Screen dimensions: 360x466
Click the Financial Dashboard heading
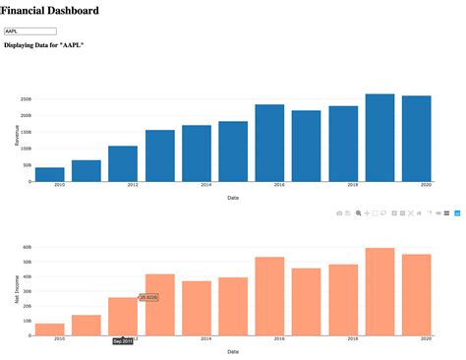(x=50, y=11)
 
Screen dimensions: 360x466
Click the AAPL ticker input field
(x=29, y=31)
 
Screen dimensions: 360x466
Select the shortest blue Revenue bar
(x=49, y=174)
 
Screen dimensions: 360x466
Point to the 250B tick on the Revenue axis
(x=26, y=99)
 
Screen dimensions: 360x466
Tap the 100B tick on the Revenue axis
(x=26, y=149)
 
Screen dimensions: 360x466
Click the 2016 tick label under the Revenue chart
(x=279, y=185)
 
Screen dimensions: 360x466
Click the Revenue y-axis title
(x=17, y=136)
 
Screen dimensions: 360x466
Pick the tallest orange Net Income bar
(x=379, y=291)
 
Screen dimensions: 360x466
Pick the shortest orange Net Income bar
(x=49, y=330)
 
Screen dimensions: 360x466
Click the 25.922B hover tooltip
(x=148, y=297)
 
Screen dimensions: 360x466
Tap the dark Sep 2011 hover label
(x=123, y=341)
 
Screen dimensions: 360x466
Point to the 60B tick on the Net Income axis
(x=26, y=247)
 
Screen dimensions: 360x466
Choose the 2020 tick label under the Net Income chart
(x=426, y=338)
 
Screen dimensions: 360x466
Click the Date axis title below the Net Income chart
(x=232, y=351)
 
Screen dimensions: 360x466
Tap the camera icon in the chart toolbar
(x=340, y=212)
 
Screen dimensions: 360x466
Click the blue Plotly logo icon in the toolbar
(x=456, y=212)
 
